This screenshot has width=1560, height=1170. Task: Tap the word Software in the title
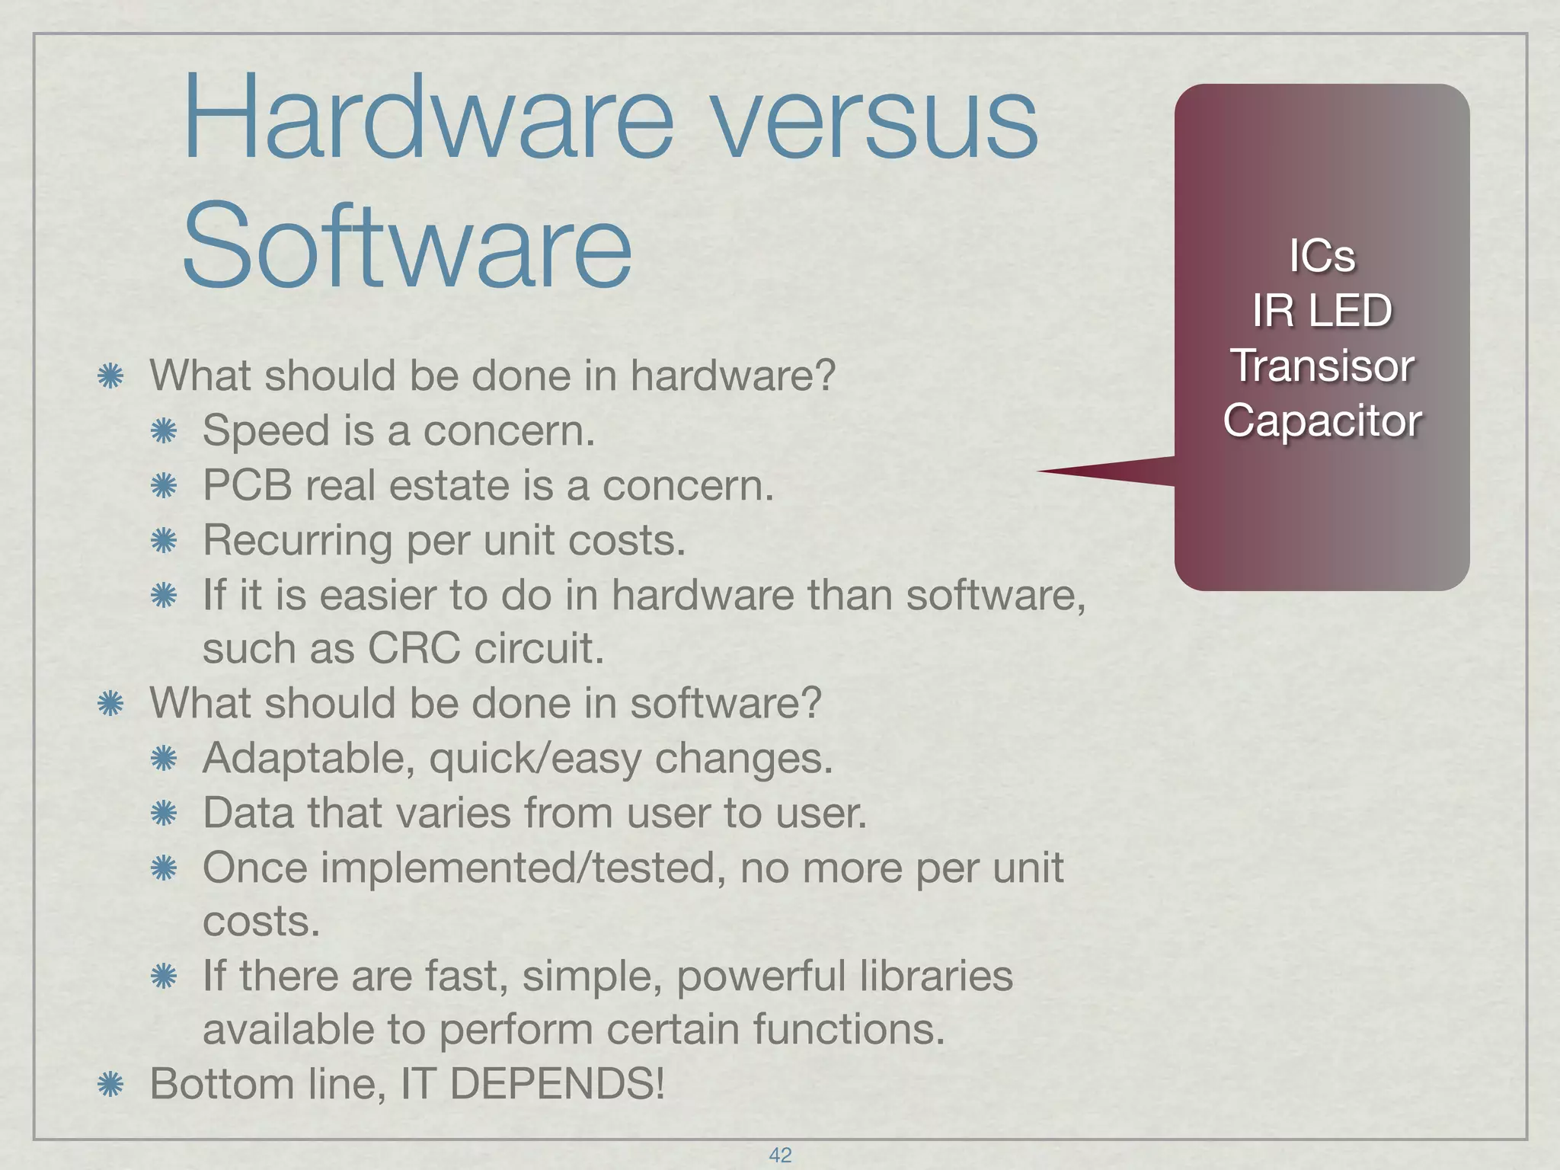407,244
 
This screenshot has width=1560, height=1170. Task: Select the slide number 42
780,1155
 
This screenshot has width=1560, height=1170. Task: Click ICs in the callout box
1322,256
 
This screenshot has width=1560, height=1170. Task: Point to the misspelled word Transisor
1322,366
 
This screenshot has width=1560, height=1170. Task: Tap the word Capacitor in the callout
1322,420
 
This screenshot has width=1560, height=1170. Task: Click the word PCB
248,485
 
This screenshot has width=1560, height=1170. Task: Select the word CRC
414,648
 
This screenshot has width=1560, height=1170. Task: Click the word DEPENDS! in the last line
557,1084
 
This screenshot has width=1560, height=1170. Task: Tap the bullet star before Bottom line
111,1085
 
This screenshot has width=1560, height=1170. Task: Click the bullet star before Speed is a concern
164,432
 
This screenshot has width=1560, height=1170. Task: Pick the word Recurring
297,541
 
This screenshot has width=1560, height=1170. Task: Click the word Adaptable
308,759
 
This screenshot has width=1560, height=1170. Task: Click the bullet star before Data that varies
164,814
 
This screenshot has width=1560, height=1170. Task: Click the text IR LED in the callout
1322,311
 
